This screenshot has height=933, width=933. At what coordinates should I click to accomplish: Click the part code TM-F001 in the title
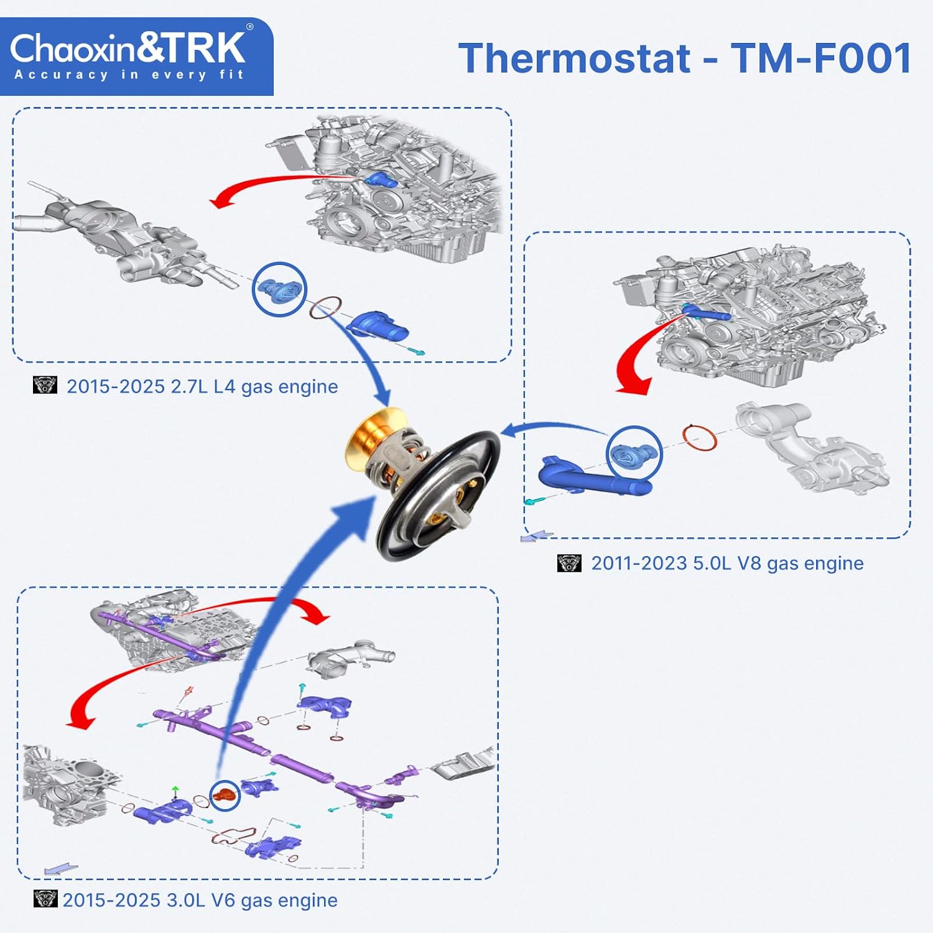click(x=822, y=58)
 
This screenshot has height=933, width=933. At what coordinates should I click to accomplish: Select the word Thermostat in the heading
click(x=574, y=58)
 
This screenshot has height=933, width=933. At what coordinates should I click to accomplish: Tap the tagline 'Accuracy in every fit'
click(x=129, y=75)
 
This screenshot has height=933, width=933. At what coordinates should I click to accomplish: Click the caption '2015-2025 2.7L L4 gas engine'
click(x=202, y=387)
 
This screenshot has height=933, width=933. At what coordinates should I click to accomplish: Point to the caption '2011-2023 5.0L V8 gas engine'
click(x=727, y=564)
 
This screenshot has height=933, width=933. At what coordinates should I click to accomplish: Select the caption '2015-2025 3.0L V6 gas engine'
click(x=200, y=900)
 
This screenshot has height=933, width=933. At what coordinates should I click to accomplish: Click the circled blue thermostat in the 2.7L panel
click(x=279, y=290)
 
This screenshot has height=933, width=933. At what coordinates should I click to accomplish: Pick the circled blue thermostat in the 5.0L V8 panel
click(x=634, y=454)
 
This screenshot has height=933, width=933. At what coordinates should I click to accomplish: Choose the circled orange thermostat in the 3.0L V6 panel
click(x=225, y=796)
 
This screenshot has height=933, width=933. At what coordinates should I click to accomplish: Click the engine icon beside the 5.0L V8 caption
click(x=569, y=563)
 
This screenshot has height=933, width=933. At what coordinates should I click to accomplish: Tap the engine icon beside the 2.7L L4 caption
click(x=45, y=385)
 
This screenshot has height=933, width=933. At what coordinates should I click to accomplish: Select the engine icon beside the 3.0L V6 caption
click(x=45, y=899)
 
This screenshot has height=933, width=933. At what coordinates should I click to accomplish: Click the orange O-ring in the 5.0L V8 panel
click(x=700, y=438)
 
